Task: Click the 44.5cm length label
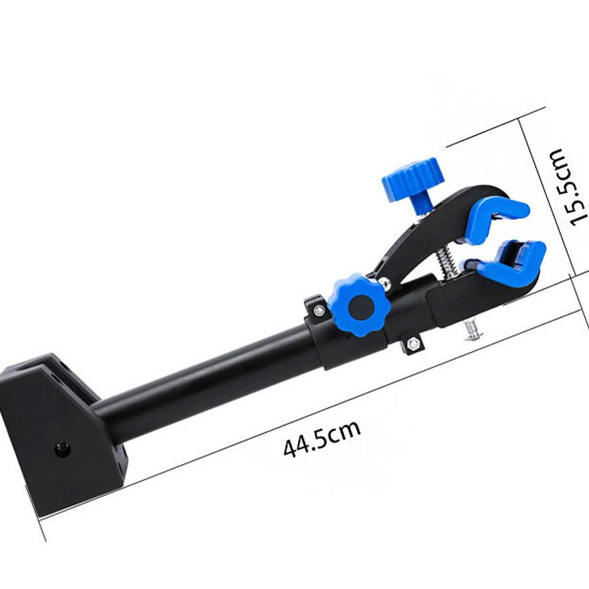pyautogui.click(x=322, y=438)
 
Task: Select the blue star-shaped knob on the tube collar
pyautogui.click(x=357, y=305)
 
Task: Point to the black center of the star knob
pyautogui.click(x=361, y=307)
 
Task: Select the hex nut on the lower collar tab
pyautogui.click(x=413, y=343)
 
